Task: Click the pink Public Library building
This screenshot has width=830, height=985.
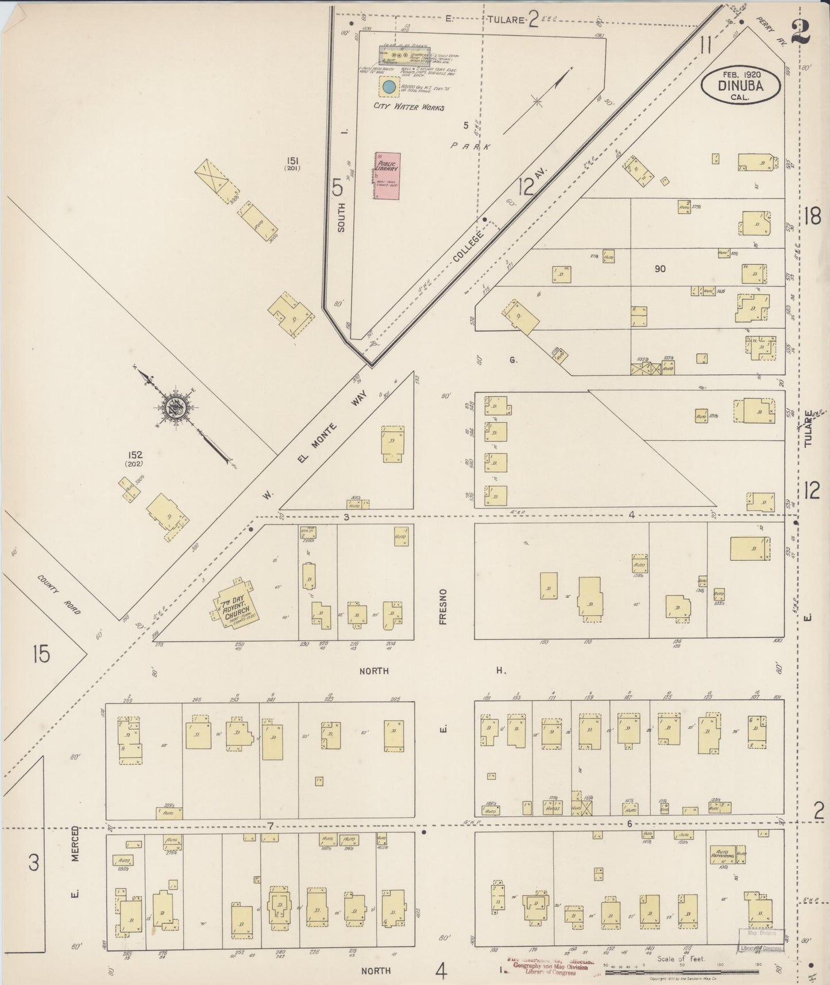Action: tap(387, 176)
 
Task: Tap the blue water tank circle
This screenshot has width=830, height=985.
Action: tap(389, 87)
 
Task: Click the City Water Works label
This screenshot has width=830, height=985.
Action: tap(408, 107)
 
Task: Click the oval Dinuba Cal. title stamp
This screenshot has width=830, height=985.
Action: tap(740, 85)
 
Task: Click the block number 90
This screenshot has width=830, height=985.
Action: tap(659, 268)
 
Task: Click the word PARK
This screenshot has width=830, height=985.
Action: tap(470, 147)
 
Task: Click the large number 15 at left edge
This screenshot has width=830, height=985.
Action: tap(41, 654)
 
